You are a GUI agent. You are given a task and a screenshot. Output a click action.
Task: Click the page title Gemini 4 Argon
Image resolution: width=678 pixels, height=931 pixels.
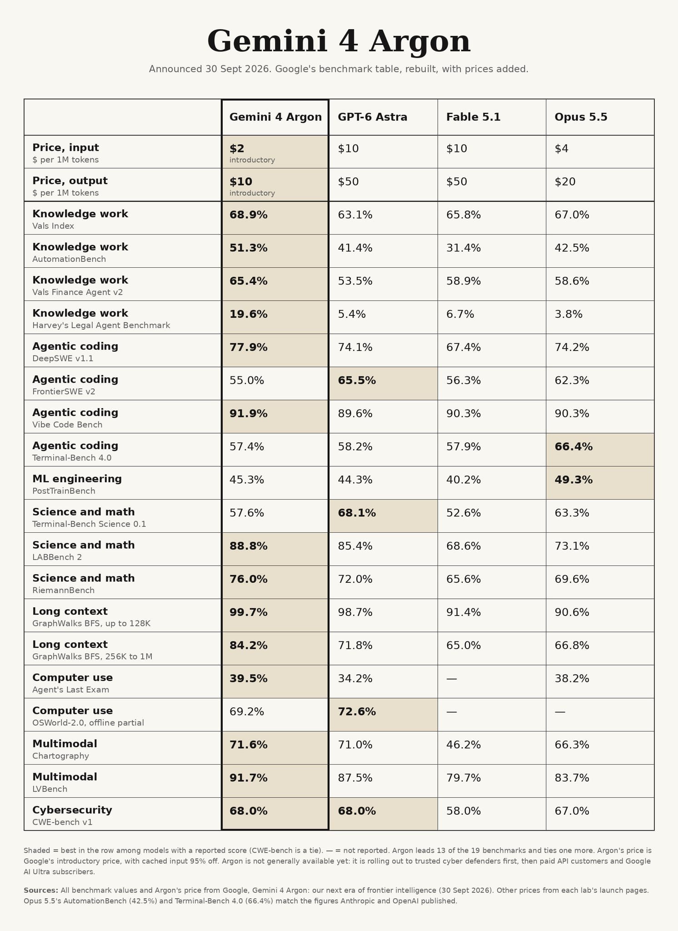click(339, 41)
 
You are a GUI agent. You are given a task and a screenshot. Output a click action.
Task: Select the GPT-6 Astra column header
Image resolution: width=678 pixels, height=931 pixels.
click(372, 117)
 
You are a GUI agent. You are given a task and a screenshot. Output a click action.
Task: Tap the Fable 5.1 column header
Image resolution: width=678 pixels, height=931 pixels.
click(473, 117)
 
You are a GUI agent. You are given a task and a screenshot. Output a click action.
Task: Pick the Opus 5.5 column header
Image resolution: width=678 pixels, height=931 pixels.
click(581, 117)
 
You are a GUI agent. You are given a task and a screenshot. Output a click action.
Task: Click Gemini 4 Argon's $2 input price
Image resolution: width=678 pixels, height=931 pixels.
click(237, 148)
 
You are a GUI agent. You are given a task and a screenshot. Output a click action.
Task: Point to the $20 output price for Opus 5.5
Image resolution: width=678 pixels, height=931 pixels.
click(565, 181)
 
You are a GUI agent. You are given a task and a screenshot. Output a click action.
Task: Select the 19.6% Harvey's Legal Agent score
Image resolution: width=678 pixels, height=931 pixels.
click(248, 314)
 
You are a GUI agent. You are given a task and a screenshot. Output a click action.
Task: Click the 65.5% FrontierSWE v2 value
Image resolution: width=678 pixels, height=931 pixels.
click(357, 380)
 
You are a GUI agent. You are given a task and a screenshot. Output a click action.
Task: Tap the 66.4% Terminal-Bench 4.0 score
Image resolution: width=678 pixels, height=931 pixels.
click(573, 447)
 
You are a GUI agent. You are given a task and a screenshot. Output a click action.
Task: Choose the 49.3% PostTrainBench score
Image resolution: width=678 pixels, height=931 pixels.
click(573, 480)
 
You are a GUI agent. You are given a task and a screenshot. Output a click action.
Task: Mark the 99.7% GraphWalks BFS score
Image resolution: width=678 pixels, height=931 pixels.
click(248, 612)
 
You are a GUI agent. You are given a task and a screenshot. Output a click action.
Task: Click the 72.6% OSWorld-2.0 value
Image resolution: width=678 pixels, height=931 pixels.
click(357, 712)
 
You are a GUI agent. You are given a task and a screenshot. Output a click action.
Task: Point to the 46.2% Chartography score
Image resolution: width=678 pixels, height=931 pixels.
click(464, 745)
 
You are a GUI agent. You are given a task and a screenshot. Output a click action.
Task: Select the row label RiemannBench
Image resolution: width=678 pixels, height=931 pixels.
click(63, 591)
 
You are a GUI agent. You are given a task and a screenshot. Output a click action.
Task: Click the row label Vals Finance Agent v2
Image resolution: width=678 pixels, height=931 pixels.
click(77, 292)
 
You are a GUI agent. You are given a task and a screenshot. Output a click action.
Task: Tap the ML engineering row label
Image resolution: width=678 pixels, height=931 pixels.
click(77, 479)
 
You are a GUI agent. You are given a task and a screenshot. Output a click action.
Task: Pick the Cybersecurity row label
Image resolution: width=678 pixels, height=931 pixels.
click(72, 810)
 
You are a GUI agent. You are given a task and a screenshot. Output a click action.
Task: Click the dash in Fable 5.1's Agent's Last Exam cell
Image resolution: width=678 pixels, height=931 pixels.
click(451, 679)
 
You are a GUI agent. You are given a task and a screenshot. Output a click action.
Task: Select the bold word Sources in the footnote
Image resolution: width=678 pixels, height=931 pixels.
click(41, 890)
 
